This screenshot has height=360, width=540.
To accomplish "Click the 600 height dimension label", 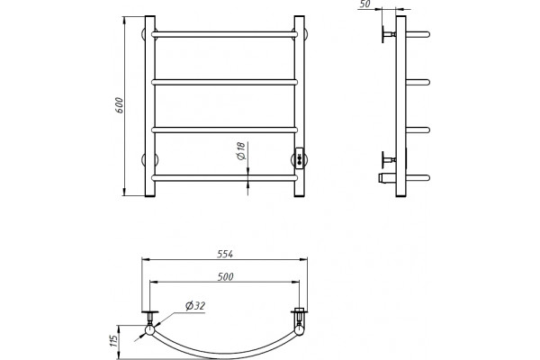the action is coord(119,105).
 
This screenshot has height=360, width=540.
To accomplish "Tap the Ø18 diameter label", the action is coord(240,151).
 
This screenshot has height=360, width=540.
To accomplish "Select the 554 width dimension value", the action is coord(225,254).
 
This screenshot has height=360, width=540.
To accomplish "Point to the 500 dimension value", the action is coord(226,276).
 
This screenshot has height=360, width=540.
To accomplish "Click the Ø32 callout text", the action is coord(195,306).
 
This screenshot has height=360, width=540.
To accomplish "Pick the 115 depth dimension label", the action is coord(114,340).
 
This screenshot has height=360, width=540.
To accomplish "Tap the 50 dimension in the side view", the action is coord(365,4).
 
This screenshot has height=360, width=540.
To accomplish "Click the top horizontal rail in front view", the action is coord(224,34).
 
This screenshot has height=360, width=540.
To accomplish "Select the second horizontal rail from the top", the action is coord(224,82).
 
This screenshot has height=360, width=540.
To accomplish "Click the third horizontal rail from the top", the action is coord(224,130).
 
